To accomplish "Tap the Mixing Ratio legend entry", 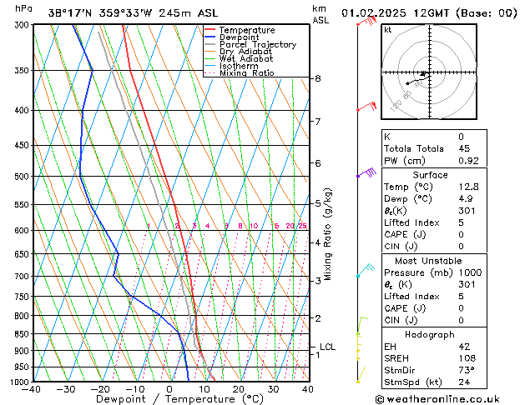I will pyautogui.click(x=246, y=73).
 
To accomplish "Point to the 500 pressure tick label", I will pyautogui.click(x=22, y=177).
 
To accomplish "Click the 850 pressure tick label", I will pyautogui.click(x=22, y=334).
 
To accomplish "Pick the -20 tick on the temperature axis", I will pyautogui.click(x=100, y=388).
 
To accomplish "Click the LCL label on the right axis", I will pyautogui.click(x=328, y=347).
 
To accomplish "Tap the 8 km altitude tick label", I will pyautogui.click(x=318, y=78).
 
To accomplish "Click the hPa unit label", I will pyautogui.click(x=24, y=8).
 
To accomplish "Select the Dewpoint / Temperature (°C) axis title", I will pyautogui.click(x=169, y=399).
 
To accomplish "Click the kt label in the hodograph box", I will pyautogui.click(x=388, y=29).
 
